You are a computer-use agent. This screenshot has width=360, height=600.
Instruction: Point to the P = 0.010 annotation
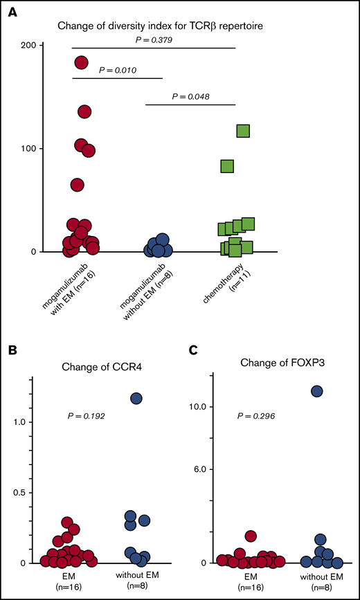click(118, 71)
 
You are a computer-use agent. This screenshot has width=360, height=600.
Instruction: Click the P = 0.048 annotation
click(191, 97)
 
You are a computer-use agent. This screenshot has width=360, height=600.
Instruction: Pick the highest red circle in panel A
click(82, 62)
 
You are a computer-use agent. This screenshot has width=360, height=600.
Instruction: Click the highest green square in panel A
click(243, 131)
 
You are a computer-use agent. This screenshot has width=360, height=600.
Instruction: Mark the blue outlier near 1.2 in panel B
click(136, 398)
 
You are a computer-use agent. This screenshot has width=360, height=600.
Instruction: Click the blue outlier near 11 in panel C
click(318, 391)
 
